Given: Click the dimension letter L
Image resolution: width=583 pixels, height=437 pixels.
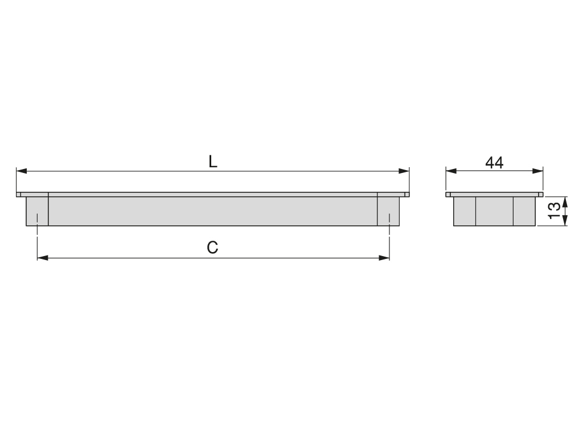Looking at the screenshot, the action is coord(212,162).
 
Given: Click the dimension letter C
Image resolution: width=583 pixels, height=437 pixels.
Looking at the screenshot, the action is coord(212,248).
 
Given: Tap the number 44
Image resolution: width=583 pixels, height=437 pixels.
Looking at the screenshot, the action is coord(495,163).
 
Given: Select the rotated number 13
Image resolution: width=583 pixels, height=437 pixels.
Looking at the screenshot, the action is coord(555,211).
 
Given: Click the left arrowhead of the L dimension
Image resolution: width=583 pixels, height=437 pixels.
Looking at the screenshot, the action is coord(22,171).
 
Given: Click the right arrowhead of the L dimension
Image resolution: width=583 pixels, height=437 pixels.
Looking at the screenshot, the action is coord(404,171).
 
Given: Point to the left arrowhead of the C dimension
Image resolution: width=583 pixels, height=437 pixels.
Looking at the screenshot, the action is coord(43,258).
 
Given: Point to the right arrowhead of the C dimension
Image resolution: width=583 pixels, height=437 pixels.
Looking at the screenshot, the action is coord(384,258).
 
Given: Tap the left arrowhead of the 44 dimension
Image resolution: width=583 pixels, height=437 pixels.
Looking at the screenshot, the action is coord(451,171).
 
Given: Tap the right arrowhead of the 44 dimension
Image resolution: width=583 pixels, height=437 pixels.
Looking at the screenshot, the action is coord(537,171).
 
